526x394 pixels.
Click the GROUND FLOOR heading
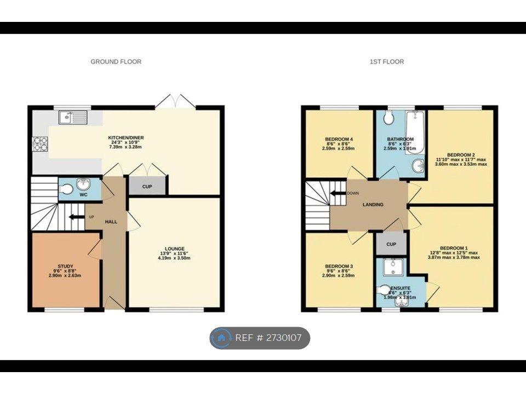click(116, 62)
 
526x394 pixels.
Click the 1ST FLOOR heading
click(386, 62)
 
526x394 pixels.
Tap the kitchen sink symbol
click(73, 116)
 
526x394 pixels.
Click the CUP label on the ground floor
click(147, 187)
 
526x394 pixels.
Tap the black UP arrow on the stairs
click(72, 217)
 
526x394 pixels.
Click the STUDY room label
click(65, 266)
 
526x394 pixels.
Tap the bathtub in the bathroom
click(415, 131)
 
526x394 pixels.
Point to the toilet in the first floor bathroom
click(390, 118)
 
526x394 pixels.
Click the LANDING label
click(373, 205)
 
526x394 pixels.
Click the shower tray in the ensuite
click(392, 267)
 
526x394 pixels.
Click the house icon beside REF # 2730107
click(221, 338)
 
